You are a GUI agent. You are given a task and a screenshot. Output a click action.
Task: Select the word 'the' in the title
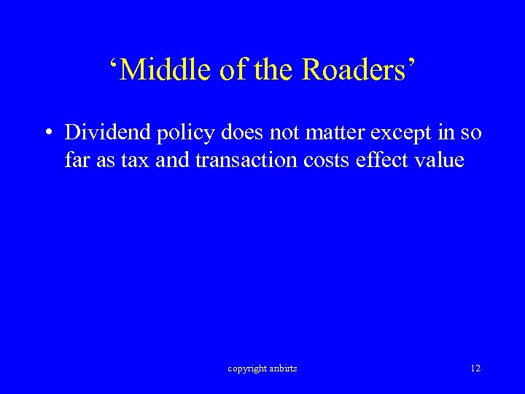(271, 70)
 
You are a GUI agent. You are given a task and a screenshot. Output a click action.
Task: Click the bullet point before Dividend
(47, 134)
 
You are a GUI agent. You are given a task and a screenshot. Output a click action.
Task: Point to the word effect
(384, 160)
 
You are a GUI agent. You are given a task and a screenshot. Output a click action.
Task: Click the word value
(440, 160)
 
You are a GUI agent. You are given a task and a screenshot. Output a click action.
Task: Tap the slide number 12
(475, 368)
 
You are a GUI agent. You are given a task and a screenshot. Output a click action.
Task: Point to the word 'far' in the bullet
(75, 160)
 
